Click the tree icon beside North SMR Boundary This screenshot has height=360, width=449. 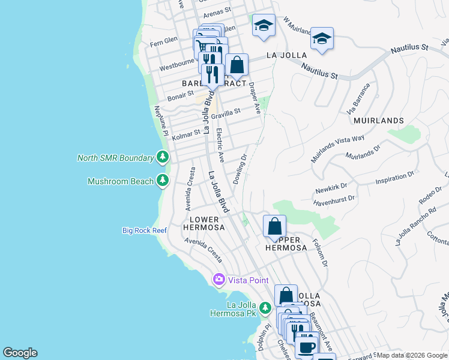[162, 158]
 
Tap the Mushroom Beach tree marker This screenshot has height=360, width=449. [162, 180]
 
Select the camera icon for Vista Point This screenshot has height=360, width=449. [218, 279]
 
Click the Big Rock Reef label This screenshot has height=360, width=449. [144, 230]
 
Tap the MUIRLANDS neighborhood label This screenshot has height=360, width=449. [379, 121]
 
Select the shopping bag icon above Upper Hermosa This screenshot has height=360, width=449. [274, 226]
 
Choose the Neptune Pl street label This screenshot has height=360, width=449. [159, 121]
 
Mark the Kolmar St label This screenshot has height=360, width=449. [186, 136]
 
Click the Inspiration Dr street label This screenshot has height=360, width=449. [395, 179]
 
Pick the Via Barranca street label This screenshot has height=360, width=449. [358, 103]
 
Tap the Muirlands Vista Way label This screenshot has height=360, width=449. [337, 149]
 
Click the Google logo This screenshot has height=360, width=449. [20, 352]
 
